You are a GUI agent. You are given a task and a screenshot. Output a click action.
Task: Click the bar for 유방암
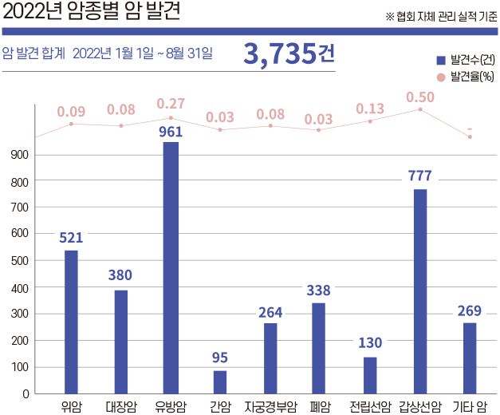171,267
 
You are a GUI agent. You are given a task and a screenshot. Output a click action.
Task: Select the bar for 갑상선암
420,291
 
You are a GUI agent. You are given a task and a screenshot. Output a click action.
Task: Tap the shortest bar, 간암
220,381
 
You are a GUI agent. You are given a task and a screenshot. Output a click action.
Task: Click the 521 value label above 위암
71,237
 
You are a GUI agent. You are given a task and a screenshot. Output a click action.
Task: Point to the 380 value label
120,275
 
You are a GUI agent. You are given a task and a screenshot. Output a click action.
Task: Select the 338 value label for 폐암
319,290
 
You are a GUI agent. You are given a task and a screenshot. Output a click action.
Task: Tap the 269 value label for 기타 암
470,310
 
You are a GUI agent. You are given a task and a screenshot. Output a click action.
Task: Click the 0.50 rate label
420,97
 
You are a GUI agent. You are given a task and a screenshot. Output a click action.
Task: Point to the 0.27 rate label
171,104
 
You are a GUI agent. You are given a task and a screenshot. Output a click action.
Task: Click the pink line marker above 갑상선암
420,109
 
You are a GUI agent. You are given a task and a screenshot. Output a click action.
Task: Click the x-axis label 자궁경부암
270,406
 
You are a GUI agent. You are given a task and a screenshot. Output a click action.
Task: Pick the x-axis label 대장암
120,406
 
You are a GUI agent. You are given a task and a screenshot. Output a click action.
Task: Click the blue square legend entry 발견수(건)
439,60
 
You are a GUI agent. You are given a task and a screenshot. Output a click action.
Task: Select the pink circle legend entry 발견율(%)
439,77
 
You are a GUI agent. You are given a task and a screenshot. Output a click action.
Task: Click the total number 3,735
280,54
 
